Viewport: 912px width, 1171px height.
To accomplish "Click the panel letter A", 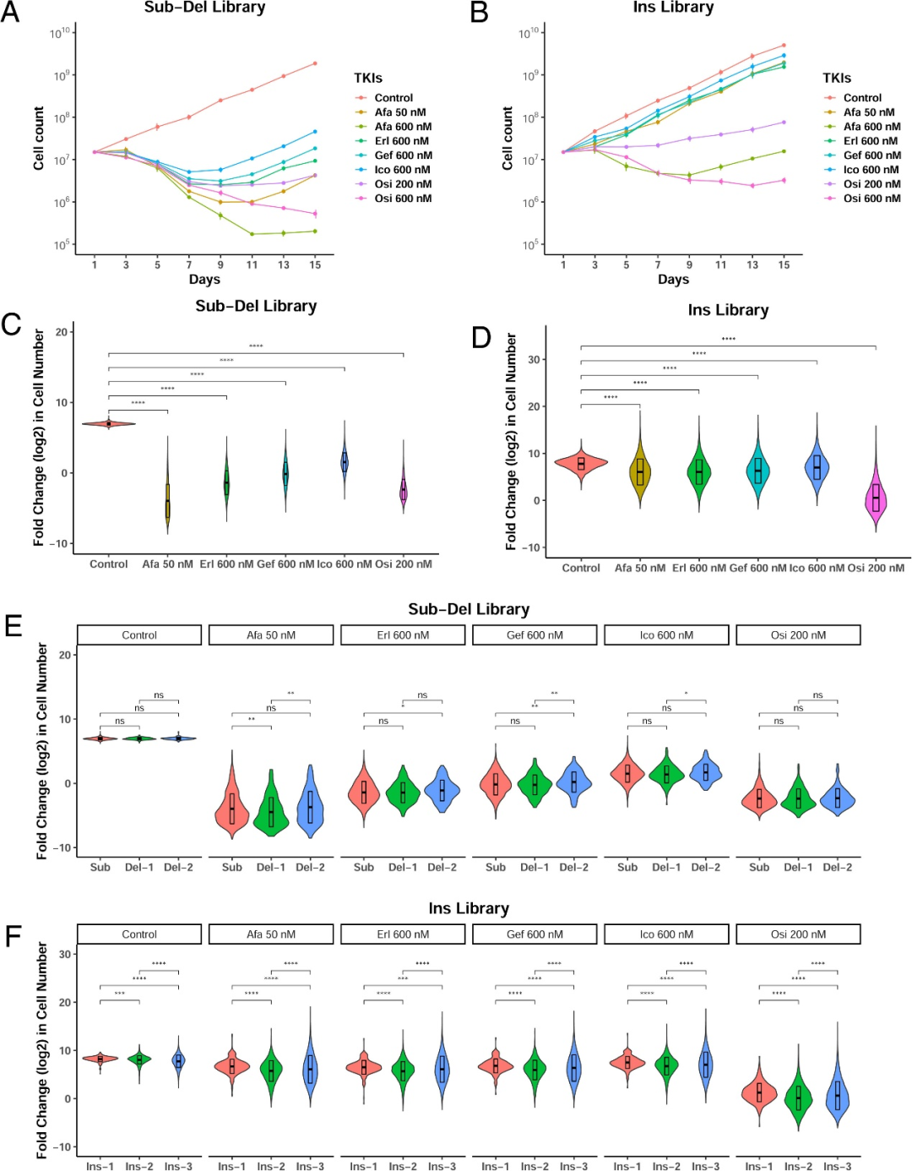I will (10, 12).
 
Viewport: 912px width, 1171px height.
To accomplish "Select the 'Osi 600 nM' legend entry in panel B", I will (871, 199).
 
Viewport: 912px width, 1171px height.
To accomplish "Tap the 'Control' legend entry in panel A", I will (394, 98).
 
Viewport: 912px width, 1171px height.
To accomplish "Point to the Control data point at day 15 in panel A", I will (315, 63).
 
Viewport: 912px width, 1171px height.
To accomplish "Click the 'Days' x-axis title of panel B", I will (673, 280).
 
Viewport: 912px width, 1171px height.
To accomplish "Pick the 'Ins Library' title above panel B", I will (673, 8).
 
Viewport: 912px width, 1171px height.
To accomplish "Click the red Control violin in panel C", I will (109, 423).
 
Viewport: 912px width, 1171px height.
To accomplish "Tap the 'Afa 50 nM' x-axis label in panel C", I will (167, 564).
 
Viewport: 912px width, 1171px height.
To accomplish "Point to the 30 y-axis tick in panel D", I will (534, 360).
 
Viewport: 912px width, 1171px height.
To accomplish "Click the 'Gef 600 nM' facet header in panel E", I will (535, 635).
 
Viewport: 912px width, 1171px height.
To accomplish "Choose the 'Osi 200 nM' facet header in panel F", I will (798, 934).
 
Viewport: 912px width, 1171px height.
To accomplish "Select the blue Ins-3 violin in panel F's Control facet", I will (178, 1061).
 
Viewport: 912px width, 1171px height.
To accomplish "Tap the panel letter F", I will (13, 936).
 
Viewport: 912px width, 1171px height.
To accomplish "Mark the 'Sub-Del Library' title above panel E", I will (469, 609).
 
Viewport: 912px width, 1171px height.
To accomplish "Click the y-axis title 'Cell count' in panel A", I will (39, 139).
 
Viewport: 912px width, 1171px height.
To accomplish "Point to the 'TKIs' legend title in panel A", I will (368, 78).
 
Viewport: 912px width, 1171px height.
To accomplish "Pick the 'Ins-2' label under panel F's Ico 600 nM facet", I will (666, 1166).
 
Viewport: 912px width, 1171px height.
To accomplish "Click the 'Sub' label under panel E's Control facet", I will (100, 867).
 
